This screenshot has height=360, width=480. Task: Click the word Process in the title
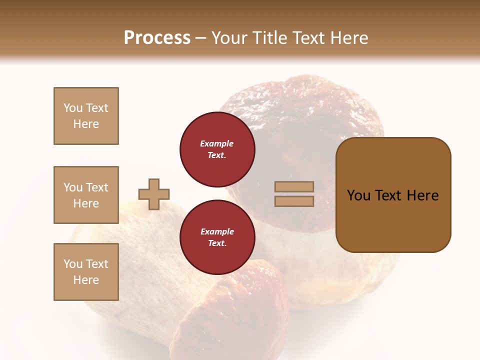(x=157, y=38)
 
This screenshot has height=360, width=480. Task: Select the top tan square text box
(x=86, y=116)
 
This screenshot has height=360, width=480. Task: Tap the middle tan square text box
(x=86, y=195)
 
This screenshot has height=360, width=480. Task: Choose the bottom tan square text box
(x=86, y=272)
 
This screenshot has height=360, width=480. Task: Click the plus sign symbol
(x=154, y=194)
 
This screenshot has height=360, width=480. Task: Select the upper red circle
(x=217, y=149)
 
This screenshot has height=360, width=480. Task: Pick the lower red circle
(x=217, y=237)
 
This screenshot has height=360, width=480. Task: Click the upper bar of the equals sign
(x=294, y=187)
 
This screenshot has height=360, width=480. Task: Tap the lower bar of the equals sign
(x=294, y=201)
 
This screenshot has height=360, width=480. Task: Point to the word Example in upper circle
(x=217, y=143)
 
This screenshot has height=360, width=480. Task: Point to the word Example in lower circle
(x=217, y=231)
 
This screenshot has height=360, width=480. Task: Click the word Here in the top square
(x=86, y=124)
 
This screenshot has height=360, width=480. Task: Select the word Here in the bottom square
(x=86, y=280)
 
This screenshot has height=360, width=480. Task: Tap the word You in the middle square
(x=73, y=187)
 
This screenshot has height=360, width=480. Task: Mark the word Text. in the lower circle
(x=217, y=243)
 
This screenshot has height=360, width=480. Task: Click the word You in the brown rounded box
(x=359, y=195)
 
